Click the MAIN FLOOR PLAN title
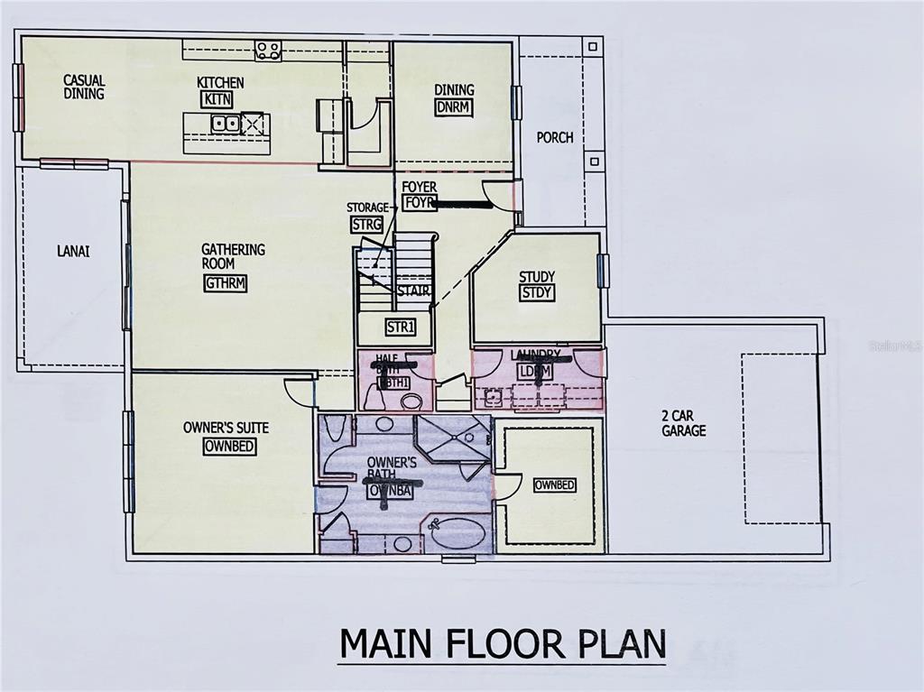(502, 644)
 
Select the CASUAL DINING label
(84, 87)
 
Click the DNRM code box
(455, 107)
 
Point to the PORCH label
(555, 138)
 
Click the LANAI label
(73, 252)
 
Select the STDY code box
(536, 292)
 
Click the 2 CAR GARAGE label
(684, 424)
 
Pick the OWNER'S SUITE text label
(226, 427)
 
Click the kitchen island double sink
(225, 124)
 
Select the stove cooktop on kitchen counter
(267, 51)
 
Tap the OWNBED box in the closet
(554, 485)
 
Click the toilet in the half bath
(411, 401)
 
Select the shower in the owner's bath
(453, 439)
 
